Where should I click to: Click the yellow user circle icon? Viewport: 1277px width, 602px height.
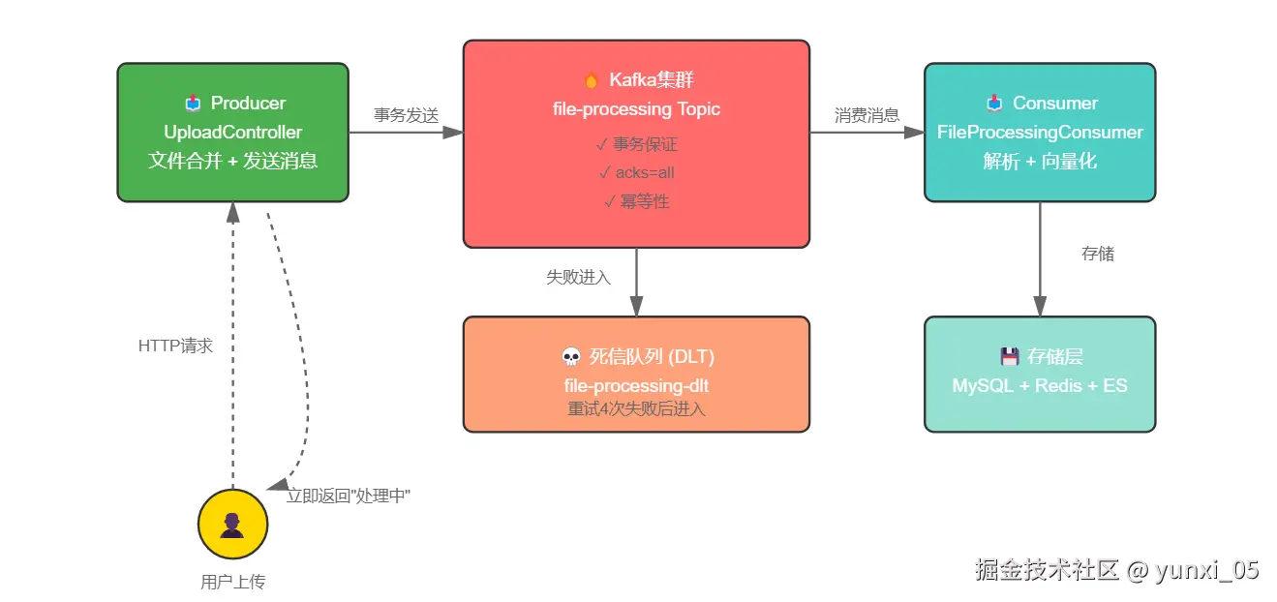pos(232,525)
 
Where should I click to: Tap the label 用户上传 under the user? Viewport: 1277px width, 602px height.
pos(232,582)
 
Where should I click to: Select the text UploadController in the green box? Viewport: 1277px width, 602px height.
pos(232,133)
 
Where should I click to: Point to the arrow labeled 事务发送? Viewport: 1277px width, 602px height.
pos(406,133)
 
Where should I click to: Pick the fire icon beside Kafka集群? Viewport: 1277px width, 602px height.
pos(591,80)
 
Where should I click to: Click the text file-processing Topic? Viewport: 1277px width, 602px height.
pos(636,109)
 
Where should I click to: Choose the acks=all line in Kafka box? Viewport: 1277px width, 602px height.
pos(636,173)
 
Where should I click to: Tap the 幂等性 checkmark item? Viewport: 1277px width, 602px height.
pos(636,201)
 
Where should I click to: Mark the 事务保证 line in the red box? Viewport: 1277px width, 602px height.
pos(636,144)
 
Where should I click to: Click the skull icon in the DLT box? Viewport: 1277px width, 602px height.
pos(571,357)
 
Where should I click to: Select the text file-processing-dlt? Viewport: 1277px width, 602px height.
pos(636,386)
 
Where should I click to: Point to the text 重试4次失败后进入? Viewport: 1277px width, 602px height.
pos(636,408)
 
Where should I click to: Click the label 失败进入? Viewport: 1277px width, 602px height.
pos(578,277)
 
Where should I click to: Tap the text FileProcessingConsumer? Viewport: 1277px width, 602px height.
pos(1040,133)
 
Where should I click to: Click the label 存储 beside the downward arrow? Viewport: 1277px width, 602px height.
pos(1097,254)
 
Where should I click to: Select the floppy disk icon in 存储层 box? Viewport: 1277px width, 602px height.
pos(1010,356)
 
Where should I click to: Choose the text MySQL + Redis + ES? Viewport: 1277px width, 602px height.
pos(1040,385)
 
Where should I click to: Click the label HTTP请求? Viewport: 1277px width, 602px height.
pos(175,346)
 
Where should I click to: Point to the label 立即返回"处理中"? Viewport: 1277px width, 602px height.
pos(349,496)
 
